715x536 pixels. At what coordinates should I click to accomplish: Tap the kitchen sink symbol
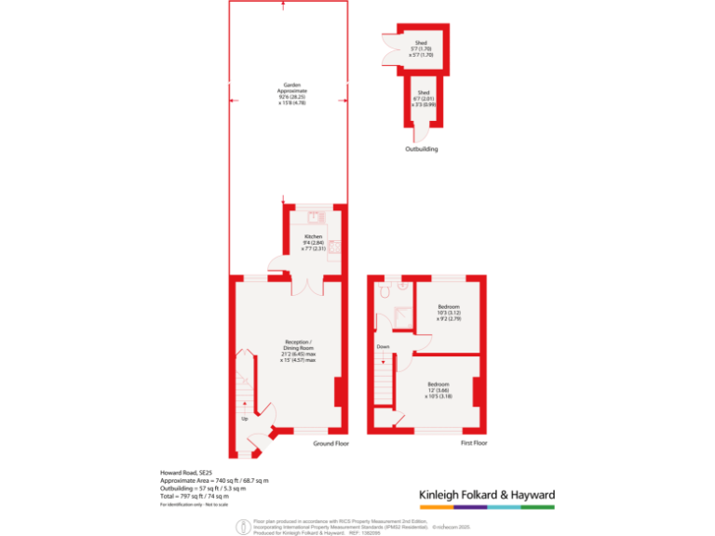(x=316, y=218)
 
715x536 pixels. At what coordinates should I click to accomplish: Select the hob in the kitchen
(x=334, y=248)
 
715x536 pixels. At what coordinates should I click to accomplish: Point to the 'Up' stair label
(x=245, y=419)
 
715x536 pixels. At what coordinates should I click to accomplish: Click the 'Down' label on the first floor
(x=383, y=346)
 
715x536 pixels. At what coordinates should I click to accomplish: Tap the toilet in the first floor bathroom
(x=402, y=287)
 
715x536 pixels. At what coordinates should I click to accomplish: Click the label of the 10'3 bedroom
(x=449, y=313)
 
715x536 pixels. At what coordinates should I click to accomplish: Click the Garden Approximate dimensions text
(x=292, y=93)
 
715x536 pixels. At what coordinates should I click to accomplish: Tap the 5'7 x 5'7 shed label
(x=422, y=48)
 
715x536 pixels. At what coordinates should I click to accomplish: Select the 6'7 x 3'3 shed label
(x=424, y=99)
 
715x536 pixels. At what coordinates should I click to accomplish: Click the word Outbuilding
(x=421, y=150)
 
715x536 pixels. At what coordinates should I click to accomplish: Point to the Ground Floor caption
(x=331, y=444)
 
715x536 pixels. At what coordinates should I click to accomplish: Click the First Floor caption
(x=474, y=444)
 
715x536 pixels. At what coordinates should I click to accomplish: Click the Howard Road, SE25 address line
(x=186, y=473)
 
